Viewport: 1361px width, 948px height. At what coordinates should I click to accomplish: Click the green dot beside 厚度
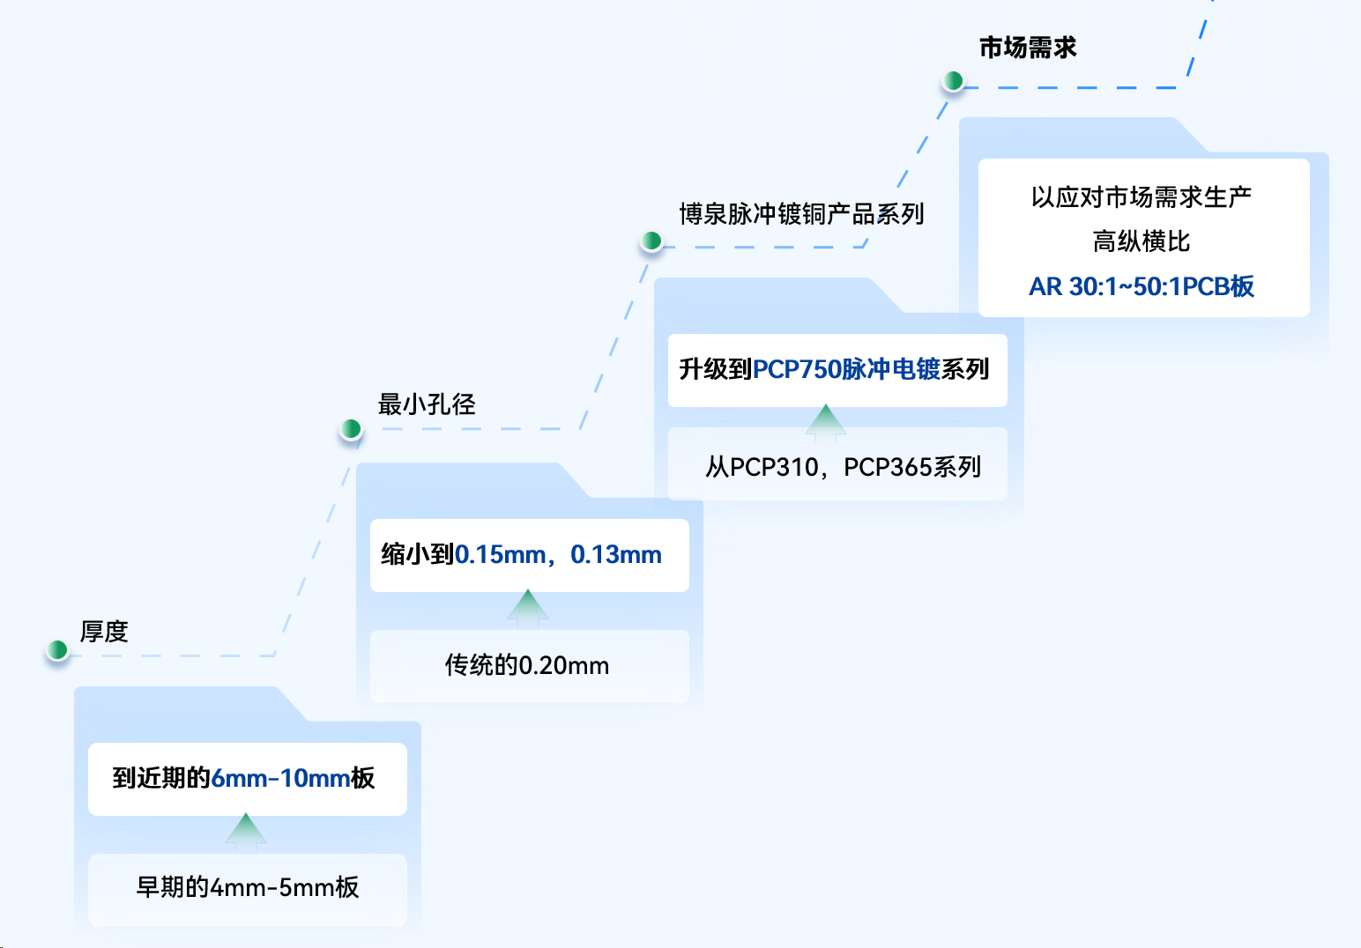[57, 650]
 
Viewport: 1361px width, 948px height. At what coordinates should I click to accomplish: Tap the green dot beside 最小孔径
[351, 429]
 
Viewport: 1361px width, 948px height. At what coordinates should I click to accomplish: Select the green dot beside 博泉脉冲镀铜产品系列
[651, 241]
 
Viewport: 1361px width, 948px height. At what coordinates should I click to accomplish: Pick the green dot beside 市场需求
[953, 81]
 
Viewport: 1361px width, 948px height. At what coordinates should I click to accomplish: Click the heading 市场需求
[1028, 48]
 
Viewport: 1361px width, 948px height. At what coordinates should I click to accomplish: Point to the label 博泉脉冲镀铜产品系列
[801, 214]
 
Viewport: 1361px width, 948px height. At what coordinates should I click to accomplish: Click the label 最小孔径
[427, 404]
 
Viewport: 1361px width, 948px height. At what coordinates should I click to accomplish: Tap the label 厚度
[104, 632]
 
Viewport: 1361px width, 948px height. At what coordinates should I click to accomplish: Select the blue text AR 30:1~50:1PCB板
[1142, 286]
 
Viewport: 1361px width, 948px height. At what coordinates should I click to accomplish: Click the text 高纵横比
[1142, 241]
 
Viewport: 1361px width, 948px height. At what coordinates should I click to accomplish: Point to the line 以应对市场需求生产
[1142, 197]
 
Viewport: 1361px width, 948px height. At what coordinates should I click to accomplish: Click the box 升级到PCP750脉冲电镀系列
[837, 370]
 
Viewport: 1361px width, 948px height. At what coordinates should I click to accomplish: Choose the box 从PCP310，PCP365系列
[837, 466]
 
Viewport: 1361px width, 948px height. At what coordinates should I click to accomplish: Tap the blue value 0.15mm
[500, 555]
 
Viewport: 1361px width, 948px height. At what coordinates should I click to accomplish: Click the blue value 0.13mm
[616, 555]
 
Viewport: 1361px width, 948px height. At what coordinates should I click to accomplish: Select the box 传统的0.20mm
[529, 666]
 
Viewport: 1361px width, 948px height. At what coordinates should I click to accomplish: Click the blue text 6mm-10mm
[280, 779]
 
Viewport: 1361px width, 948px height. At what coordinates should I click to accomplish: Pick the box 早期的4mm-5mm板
[248, 888]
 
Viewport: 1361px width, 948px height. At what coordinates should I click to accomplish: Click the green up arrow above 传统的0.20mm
[528, 607]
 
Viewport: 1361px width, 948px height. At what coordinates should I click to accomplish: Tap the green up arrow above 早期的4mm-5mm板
[246, 831]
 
